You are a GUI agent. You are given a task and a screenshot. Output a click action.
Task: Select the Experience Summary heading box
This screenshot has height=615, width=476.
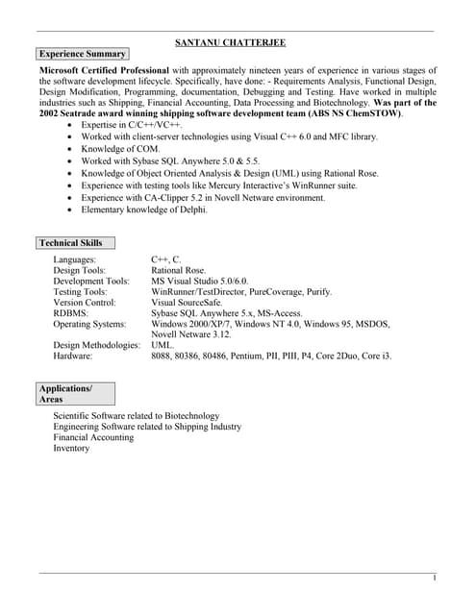pyautogui.click(x=82, y=54)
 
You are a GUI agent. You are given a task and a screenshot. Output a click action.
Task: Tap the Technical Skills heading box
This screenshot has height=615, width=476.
pyautogui.click(x=71, y=243)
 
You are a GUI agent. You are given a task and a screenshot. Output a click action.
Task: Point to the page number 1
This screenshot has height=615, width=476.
pyautogui.click(x=435, y=578)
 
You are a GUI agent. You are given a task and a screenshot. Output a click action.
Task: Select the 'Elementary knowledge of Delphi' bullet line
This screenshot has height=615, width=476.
pyautogui.click(x=144, y=209)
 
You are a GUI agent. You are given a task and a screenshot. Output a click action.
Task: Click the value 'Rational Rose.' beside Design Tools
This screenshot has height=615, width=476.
pyautogui.click(x=179, y=271)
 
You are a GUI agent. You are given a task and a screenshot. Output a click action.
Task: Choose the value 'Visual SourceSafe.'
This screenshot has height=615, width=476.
pyautogui.click(x=187, y=303)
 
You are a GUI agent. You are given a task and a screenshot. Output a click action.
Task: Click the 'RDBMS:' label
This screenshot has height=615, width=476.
pyautogui.click(x=70, y=313)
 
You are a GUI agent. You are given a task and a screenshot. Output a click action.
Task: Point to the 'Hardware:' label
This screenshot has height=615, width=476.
pyautogui.click(x=73, y=356)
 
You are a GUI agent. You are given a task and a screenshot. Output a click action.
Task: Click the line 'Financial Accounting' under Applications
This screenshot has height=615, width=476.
pyautogui.click(x=93, y=437)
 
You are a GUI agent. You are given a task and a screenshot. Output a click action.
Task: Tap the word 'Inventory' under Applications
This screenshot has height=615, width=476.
pyautogui.click(x=71, y=449)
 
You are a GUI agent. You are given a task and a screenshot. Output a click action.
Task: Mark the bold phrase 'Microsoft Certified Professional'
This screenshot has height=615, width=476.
pyautogui.click(x=105, y=70)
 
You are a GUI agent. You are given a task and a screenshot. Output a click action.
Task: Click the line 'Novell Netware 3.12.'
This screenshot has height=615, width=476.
pyautogui.click(x=191, y=334)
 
